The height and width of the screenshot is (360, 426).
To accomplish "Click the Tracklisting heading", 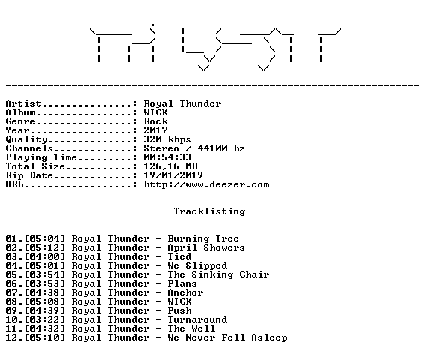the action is tap(209, 211).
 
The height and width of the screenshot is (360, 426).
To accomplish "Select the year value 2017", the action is tap(155, 130).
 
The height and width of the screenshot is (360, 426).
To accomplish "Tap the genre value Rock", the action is tap(155, 121).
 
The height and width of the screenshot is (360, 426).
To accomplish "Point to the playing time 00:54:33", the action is tap(167, 157).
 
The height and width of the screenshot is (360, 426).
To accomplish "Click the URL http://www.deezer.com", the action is tap(206, 184).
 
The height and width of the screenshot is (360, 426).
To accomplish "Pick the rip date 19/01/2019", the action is tap(173, 175).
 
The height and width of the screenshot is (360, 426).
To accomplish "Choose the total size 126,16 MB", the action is tap(170, 166).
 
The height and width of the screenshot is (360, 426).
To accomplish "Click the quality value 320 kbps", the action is tap(167, 139).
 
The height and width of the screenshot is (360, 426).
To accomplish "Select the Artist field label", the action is tap(23, 103).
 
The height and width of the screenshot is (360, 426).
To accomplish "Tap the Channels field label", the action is tap(29, 148).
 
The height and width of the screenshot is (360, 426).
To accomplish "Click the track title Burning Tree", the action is tap(203, 238).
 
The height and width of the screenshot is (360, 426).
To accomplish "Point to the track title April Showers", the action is tap(206, 247).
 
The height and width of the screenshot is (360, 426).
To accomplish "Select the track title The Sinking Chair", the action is tap(218, 274).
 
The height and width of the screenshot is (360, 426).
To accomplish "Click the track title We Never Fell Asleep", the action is tap(227, 337).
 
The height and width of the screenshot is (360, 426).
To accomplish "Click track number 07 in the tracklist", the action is tap(11, 292).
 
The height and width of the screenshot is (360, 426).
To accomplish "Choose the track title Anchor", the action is tap(185, 292).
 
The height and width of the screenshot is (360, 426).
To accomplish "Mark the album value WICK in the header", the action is tap(155, 112).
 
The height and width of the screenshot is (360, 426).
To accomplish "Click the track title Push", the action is tap(179, 310).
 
